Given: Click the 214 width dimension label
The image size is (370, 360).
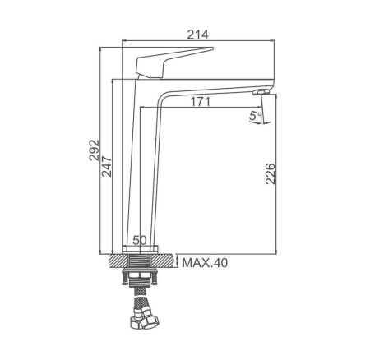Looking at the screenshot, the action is point(197,35).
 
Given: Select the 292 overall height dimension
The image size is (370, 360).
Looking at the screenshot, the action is point(94,150).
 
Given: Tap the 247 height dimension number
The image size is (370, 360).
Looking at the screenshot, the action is point(107,166).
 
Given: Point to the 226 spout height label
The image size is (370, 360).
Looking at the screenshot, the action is point(271,173).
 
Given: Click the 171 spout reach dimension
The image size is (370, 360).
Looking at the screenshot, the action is point(201,102).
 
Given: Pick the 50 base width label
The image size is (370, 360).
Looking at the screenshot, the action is point(140,240).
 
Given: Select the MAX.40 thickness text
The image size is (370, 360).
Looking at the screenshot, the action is point(205,263).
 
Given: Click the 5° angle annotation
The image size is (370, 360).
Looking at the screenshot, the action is point(255,116).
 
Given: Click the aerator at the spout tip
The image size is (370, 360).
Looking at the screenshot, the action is point(261,92).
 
